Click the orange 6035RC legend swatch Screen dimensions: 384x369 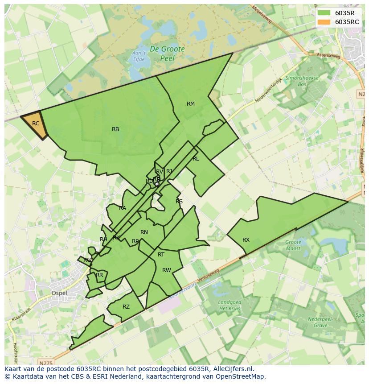pyautogui.click(x=324, y=22)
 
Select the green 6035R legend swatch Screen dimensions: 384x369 pyautogui.click(x=324, y=13)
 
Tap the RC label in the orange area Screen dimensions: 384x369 pyautogui.click(x=36, y=124)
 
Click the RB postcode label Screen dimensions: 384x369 pyautogui.click(x=115, y=129)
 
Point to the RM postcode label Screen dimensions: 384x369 pyautogui.click(x=191, y=104)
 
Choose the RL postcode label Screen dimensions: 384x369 pyautogui.click(x=196, y=159)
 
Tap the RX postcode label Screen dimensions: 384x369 pyautogui.click(x=246, y=240)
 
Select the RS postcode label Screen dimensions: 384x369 pyautogui.click(x=179, y=202)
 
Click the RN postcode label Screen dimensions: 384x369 pyautogui.click(x=144, y=232)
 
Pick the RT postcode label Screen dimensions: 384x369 pyautogui.click(x=161, y=255)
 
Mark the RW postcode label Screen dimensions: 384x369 pyautogui.click(x=167, y=270)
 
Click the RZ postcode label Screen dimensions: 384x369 pyautogui.click(x=126, y=307)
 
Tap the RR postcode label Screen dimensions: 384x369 pyautogui.click(x=99, y=275)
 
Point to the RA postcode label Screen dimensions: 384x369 pyautogui.click(x=123, y=208)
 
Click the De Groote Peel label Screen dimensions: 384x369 pyautogui.click(x=167, y=54)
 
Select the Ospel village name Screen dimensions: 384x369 pyautogui.click(x=59, y=293)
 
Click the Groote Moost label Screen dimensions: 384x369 pyautogui.click(x=293, y=245)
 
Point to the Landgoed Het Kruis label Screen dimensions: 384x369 pyautogui.click(x=230, y=306)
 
